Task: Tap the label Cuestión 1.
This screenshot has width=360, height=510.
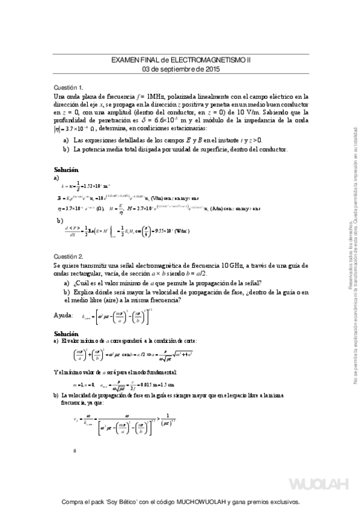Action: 69,87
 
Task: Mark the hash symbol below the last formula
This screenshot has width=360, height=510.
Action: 74,450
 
